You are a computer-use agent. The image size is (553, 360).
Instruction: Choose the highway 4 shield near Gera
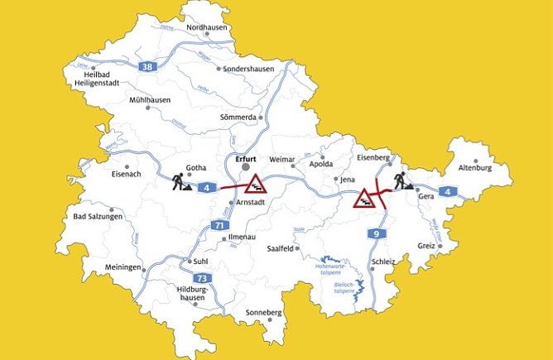tap(448, 193)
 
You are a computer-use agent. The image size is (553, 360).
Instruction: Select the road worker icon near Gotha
tap(180, 182)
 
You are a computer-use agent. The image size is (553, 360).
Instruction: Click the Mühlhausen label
tap(149, 99)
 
